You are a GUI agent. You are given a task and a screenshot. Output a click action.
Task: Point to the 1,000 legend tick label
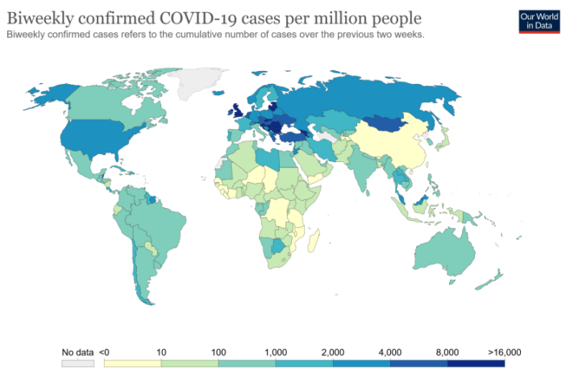(x=275, y=352)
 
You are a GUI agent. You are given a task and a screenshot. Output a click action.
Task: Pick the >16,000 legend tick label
(x=506, y=352)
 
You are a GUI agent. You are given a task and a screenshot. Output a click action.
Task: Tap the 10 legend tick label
(x=161, y=352)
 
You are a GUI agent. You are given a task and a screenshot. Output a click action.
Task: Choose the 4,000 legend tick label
(x=390, y=352)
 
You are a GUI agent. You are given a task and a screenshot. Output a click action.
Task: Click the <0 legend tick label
(x=104, y=352)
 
